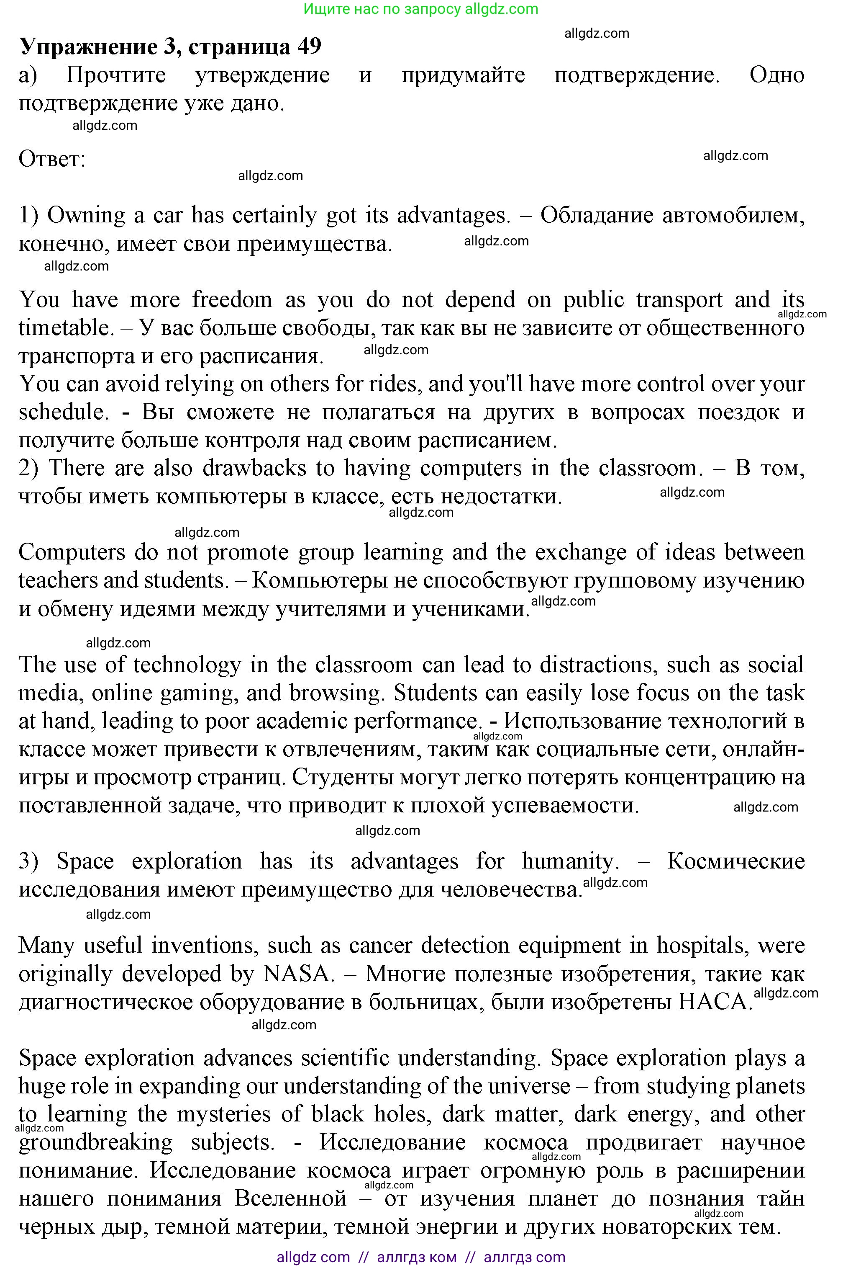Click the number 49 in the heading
[309, 47]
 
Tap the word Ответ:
[52, 159]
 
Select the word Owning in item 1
[86, 216]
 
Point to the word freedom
[232, 300]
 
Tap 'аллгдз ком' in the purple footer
[417, 1257]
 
